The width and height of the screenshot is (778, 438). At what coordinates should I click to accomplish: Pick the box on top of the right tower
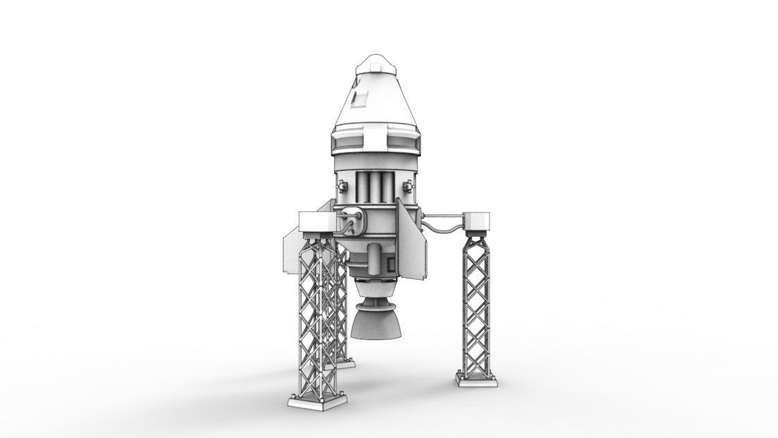[x=476, y=220]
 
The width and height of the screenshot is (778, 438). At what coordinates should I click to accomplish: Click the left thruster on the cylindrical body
[x=342, y=185]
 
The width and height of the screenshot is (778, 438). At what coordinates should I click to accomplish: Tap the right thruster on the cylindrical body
[x=408, y=185]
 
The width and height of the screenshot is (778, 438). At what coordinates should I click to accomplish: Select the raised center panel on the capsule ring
[x=374, y=143]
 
